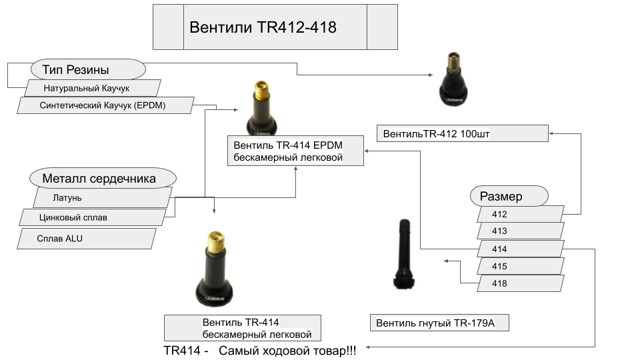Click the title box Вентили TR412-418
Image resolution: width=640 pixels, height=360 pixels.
tap(275, 27)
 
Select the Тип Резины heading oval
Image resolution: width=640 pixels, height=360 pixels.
tap(88, 69)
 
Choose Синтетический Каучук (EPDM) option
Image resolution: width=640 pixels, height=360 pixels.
tap(105, 105)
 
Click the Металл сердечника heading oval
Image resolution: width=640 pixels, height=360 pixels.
tap(103, 178)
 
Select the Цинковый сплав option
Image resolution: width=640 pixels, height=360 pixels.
tap(92, 217)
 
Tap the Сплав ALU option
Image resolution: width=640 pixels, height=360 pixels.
tap(87, 239)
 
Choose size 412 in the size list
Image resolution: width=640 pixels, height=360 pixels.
tap(521, 215)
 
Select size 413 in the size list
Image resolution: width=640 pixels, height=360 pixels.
tap(521, 231)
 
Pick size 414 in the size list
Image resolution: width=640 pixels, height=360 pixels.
tap(521, 249)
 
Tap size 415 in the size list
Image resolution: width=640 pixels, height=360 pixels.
tap(521, 267)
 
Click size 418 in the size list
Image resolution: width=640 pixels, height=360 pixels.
tap(521, 284)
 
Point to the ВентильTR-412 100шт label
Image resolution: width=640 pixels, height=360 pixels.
tap(462, 133)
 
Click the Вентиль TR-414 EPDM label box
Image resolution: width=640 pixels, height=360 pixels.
tap(295, 151)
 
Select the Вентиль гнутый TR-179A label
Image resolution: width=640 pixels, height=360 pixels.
tap(440, 324)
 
